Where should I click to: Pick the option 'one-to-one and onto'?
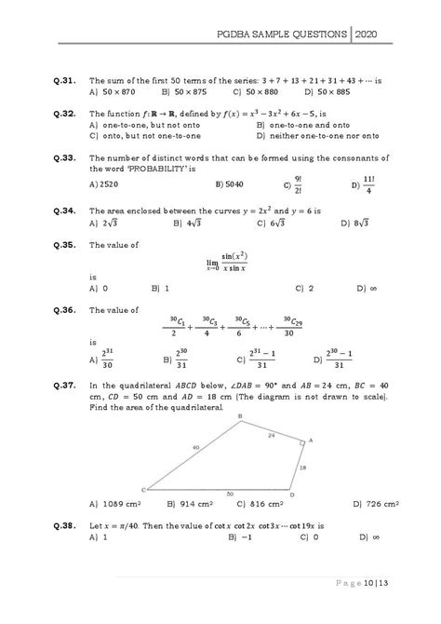pos(301,124)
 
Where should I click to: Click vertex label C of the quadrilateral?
pos(142,488)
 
